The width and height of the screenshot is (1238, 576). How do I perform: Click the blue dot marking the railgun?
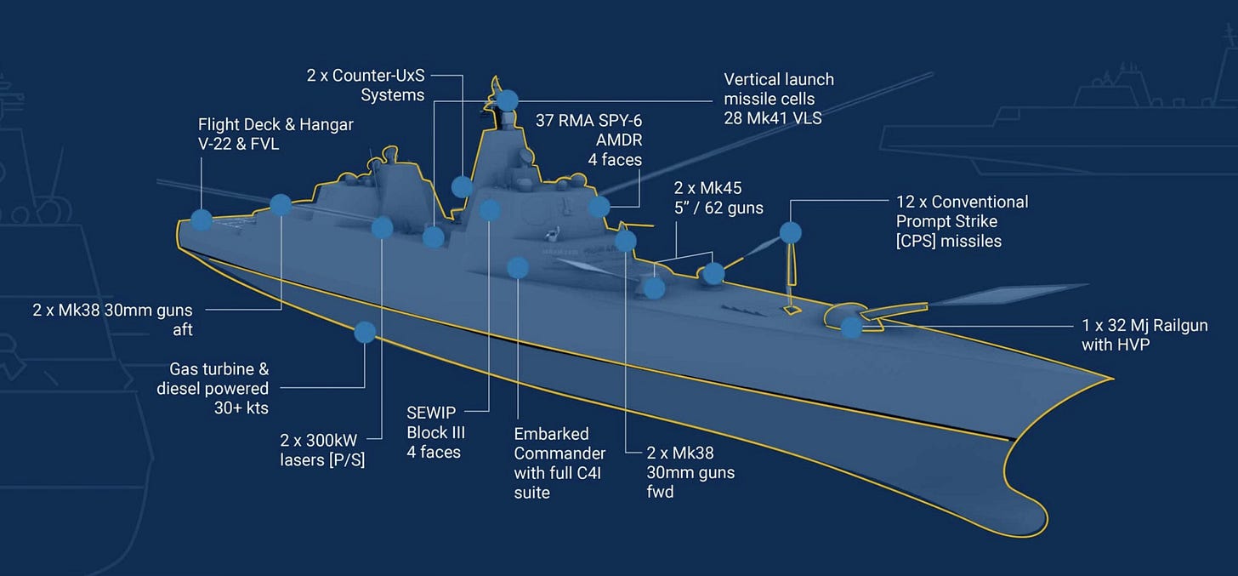tap(851, 327)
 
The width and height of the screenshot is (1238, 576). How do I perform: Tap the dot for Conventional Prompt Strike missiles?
tap(791, 232)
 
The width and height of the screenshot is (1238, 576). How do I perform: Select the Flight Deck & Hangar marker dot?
tap(202, 220)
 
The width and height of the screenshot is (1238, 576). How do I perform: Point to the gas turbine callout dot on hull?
tap(365, 332)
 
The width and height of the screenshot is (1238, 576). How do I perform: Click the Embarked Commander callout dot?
tap(518, 268)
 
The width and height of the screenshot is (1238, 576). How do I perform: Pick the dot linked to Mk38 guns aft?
tap(281, 204)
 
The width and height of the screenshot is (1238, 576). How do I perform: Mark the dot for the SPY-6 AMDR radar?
tap(599, 206)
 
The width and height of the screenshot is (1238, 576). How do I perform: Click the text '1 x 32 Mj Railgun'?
tap(1144, 325)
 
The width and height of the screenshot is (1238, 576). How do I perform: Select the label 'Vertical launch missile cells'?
tap(779, 88)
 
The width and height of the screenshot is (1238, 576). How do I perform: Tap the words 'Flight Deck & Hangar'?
tap(275, 125)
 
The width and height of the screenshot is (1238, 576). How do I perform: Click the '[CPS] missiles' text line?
tap(949, 242)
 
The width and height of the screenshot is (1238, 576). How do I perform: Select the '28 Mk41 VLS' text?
tap(773, 118)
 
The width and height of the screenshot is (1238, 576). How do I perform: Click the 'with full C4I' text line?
tap(560, 472)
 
